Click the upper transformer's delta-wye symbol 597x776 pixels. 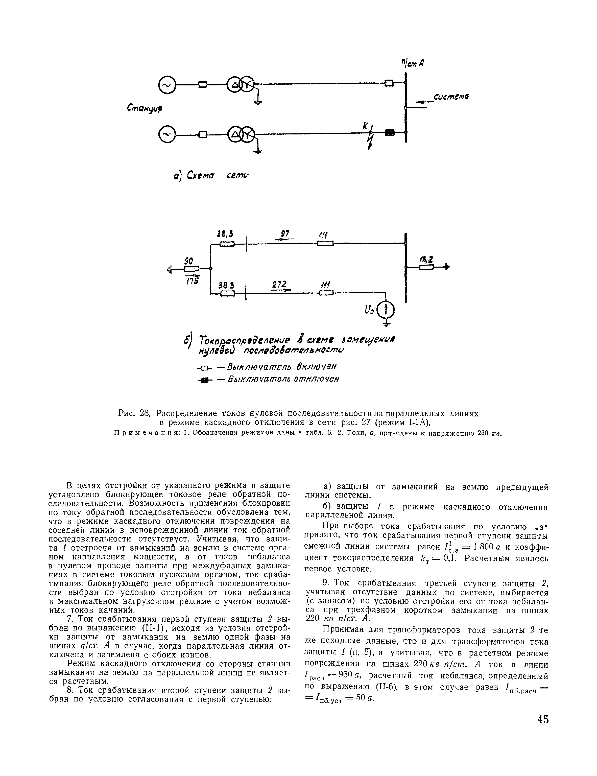pos(241,85)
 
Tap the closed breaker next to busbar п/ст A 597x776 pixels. pos(390,83)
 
